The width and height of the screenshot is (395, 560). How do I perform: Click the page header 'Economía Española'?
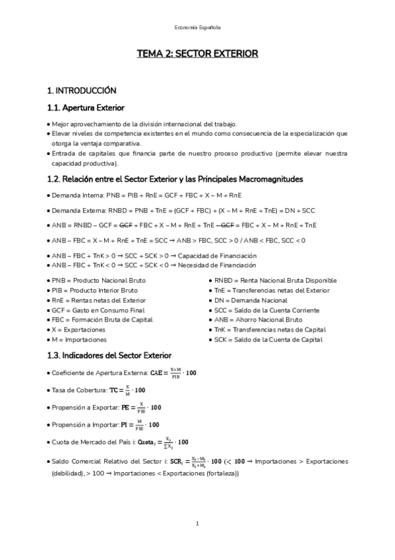pyautogui.click(x=197, y=27)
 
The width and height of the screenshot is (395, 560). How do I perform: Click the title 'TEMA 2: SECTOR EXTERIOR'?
pyautogui.click(x=197, y=53)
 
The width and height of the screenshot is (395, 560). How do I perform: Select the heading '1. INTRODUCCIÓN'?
pyautogui.click(x=82, y=90)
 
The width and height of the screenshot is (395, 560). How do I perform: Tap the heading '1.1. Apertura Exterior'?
pyautogui.click(x=86, y=108)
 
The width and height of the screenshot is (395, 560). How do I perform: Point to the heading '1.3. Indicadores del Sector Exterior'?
pyautogui.click(x=109, y=355)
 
